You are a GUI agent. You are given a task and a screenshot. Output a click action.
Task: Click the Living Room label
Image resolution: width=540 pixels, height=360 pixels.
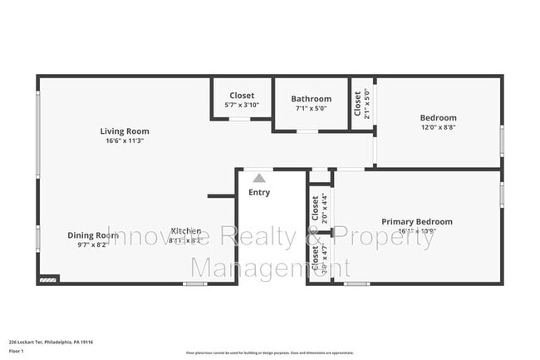(x=125, y=131)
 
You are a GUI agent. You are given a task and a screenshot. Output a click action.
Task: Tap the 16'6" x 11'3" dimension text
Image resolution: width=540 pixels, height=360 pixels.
(x=125, y=141)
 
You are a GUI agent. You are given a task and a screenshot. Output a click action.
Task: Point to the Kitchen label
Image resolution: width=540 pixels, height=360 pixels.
(x=186, y=231)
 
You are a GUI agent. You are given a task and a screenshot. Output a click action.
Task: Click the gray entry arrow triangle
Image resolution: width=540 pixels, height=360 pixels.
(x=259, y=178)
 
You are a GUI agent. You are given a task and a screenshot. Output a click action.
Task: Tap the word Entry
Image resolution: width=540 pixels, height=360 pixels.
(x=259, y=193)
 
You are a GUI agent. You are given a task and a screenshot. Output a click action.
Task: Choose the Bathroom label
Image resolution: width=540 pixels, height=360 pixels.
(x=311, y=99)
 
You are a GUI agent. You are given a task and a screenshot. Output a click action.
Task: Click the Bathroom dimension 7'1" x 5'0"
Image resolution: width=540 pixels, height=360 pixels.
(x=311, y=108)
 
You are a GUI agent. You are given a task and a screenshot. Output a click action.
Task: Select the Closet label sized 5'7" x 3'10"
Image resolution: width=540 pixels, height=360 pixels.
(x=242, y=96)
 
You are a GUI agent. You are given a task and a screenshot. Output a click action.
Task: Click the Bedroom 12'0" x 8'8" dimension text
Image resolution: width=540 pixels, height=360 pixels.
(x=438, y=127)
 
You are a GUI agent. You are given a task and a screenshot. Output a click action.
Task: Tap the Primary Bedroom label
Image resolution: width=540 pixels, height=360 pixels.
(x=417, y=222)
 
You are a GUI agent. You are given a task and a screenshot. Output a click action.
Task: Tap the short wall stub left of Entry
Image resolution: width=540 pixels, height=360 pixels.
(x=220, y=196)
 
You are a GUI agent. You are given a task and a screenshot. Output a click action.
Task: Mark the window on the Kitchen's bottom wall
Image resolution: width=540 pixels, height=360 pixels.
(x=194, y=284)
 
